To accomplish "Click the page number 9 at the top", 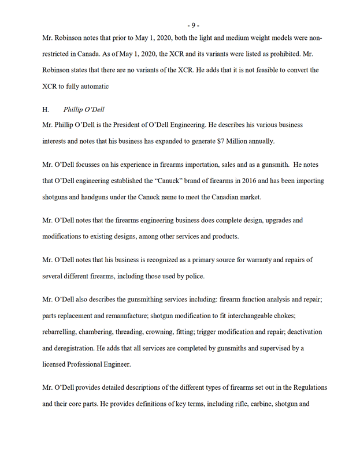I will click(x=193, y=25).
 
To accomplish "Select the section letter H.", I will click(x=46, y=109).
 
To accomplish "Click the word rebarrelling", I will click(x=61, y=333).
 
